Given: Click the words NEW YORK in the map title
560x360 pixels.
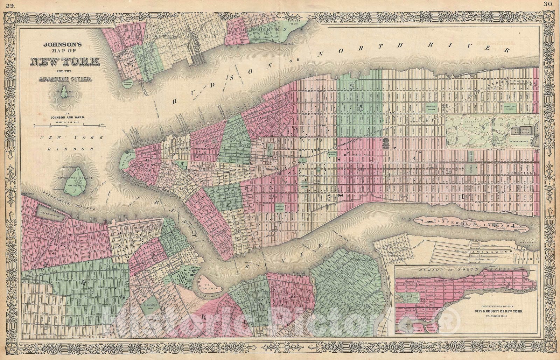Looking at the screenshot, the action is (65, 62).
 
